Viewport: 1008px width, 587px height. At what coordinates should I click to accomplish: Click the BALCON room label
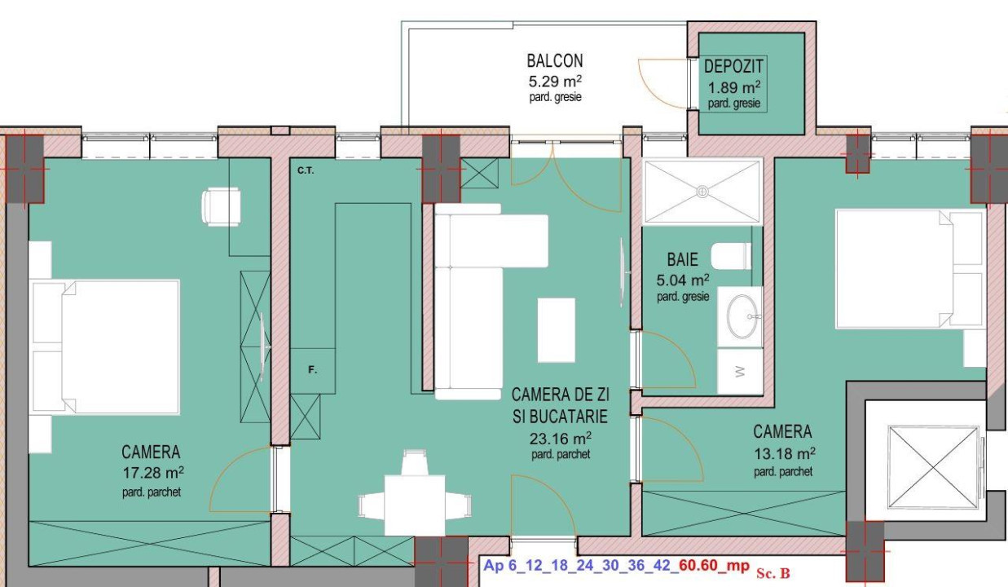(x=554, y=61)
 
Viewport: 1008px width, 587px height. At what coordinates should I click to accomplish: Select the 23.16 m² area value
(x=559, y=438)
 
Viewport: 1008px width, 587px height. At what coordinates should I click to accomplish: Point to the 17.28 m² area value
(x=152, y=472)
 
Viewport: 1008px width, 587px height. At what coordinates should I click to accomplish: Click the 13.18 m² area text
(x=783, y=452)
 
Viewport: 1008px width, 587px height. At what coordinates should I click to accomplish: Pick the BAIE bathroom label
(x=682, y=260)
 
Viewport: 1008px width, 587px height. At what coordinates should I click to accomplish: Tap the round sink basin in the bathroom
(x=742, y=316)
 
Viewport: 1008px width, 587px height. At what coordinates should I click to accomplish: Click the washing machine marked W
(x=740, y=371)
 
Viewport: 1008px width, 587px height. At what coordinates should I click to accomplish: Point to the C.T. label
(x=306, y=171)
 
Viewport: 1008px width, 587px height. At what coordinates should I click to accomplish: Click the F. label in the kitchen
(x=311, y=370)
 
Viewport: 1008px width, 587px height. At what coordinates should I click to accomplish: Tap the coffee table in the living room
(x=557, y=329)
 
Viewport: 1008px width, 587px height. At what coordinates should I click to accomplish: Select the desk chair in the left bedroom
(x=220, y=206)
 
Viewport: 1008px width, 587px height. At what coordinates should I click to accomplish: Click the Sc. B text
(x=773, y=573)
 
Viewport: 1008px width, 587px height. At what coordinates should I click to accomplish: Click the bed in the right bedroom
(x=896, y=269)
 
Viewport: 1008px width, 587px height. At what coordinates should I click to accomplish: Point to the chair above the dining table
(x=415, y=463)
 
